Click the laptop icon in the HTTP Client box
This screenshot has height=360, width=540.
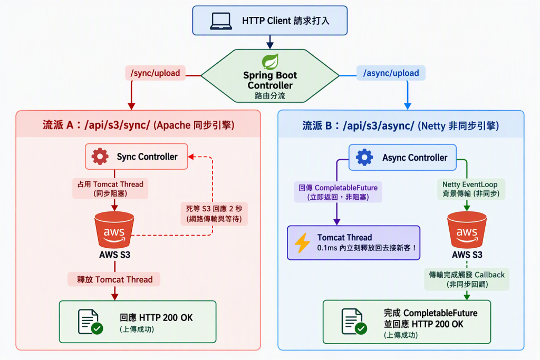coord(221,21)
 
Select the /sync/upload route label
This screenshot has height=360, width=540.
coord(156,73)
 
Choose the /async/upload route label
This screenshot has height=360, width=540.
coord(391,73)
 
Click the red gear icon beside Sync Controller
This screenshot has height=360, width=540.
coord(100,157)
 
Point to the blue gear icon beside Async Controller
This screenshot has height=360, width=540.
coord(364,157)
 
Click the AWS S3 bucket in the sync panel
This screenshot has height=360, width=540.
coord(114,230)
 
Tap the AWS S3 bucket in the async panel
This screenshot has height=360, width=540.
coord(467,230)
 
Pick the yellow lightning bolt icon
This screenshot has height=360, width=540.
coord(302,242)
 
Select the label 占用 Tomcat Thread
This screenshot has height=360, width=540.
coord(110,184)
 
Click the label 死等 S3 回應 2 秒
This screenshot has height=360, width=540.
coord(214,209)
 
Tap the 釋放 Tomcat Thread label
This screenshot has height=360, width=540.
coord(114,279)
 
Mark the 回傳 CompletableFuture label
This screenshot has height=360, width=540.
coord(338,188)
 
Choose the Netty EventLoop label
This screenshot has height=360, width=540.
coord(470,184)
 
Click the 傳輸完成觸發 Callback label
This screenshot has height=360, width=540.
coord(467,275)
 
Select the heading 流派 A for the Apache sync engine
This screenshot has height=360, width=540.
coord(139,125)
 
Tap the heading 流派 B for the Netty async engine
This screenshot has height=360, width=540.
coord(401,125)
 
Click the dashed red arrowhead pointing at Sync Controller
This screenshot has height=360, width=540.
coord(191,157)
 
